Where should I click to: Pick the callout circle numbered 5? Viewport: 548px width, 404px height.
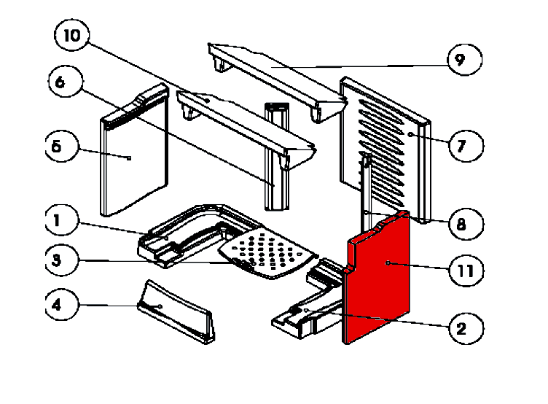[x=57, y=147]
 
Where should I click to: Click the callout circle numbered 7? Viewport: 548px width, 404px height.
[x=464, y=147]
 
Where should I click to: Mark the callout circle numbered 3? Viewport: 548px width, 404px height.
[x=56, y=259]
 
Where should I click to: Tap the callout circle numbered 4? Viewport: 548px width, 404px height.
[x=56, y=306]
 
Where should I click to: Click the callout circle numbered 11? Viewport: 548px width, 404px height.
[x=465, y=271]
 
